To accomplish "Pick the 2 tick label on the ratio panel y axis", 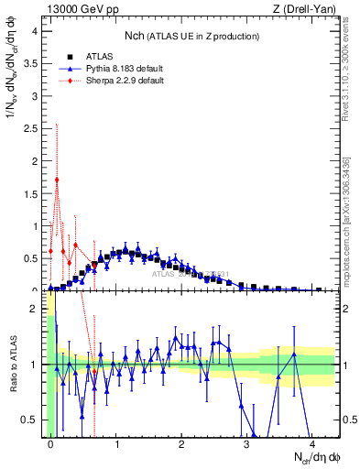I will tap(34, 309).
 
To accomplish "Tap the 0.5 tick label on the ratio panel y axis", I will tap(30, 420).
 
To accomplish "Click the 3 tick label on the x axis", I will tap(246, 444).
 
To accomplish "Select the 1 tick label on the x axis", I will tap(116, 444).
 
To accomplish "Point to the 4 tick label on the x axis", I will tap(311, 444).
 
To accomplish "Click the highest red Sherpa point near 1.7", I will tap(57, 180).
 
